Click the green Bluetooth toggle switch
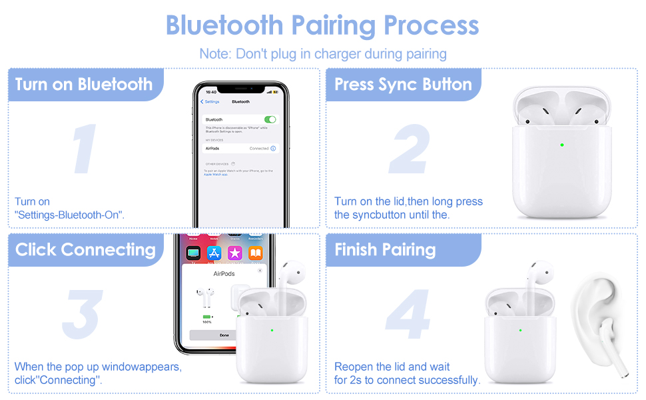(270, 119)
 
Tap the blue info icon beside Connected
(273, 149)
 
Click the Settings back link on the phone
(210, 101)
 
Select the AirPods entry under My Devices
(213, 149)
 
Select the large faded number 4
(408, 314)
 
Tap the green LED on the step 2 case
(562, 145)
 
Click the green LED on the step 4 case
(521, 329)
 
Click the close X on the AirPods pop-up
(260, 271)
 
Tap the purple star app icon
(234, 253)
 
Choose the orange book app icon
(256, 253)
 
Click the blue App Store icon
(214, 253)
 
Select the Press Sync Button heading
(403, 85)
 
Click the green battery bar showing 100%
(206, 317)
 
